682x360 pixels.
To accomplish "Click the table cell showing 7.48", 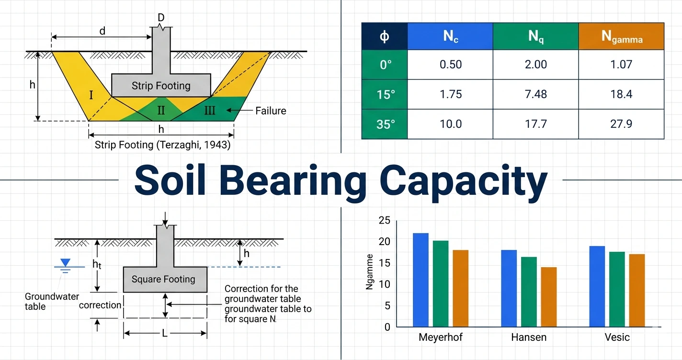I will (535, 94).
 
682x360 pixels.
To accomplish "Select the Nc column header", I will (450, 36).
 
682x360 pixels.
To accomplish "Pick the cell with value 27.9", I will (621, 124).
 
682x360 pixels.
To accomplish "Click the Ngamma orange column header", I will (621, 36).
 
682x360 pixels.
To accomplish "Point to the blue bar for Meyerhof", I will (421, 280).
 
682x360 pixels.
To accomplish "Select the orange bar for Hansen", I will (548, 297).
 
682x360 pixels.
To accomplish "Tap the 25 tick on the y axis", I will (384, 221).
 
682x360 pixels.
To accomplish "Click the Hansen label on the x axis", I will (528, 337).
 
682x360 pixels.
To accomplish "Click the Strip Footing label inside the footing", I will (161, 86).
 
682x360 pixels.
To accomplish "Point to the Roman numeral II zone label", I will (161, 111).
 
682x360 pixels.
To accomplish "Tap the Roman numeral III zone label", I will (209, 111).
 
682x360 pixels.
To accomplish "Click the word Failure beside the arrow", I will (271, 111).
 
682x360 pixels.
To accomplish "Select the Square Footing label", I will (163, 279).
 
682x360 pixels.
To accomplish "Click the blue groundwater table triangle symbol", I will (66, 263).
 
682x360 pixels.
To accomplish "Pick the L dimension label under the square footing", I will (165, 333).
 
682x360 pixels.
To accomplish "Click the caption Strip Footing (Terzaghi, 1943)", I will (162, 145).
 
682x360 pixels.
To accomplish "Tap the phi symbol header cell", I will (384, 36).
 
